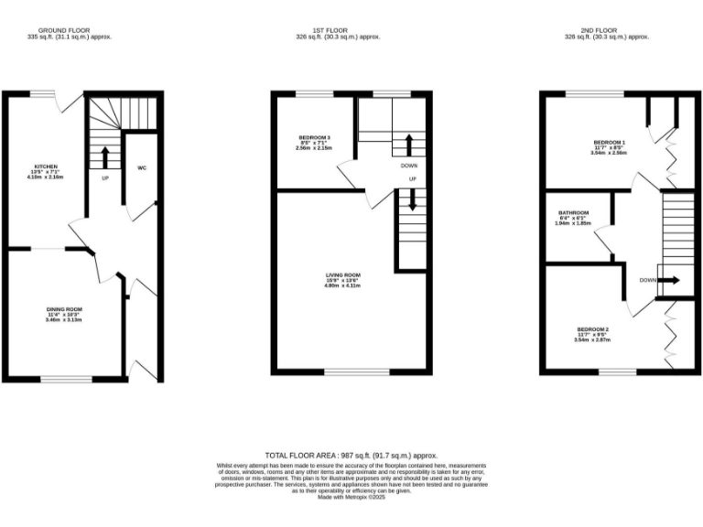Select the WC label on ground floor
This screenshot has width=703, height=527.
tap(142, 168)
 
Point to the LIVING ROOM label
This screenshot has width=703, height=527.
tap(343, 274)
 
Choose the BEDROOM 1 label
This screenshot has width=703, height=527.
tap(609, 143)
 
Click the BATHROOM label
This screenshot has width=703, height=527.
tap(573, 213)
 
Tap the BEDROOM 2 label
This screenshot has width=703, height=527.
tap(592, 329)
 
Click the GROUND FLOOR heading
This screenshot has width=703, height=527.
tap(51, 31)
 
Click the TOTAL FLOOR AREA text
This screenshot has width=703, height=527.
tap(351, 455)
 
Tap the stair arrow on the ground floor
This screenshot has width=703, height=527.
tap(104, 156)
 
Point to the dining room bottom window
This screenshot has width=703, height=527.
tap(66, 379)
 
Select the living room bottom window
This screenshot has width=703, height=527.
tap(351, 372)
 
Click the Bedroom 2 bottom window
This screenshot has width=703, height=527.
tap(617, 371)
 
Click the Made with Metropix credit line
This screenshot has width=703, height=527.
tap(351, 498)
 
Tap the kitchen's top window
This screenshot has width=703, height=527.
tap(42, 92)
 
